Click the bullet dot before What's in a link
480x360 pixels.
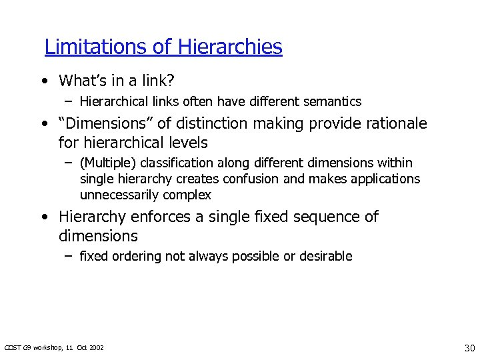coord(43,82)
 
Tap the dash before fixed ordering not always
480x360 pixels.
coord(69,256)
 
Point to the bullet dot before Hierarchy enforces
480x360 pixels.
coord(43,217)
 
